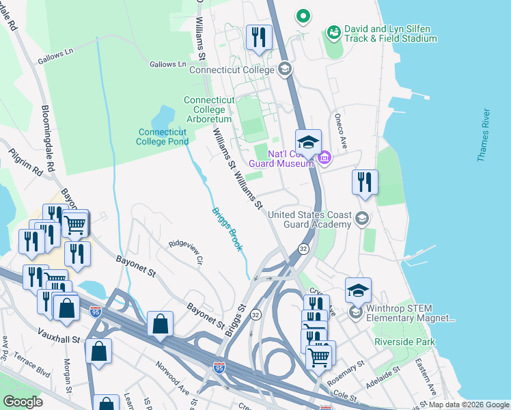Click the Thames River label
pyautogui.click(x=484, y=135)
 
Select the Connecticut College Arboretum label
pyautogui.click(x=209, y=110)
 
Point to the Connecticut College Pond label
pyautogui.click(x=163, y=137)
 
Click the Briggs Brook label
pyautogui.click(x=226, y=229)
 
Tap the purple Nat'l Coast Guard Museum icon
pyautogui.click(x=324, y=159)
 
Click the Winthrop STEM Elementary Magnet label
pyautogui.click(x=410, y=314)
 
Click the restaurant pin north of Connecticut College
pyautogui.click(x=258, y=37)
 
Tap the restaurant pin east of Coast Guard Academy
pyautogui.click(x=364, y=182)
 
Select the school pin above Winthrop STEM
pyautogui.click(x=358, y=290)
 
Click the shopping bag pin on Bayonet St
pyautogui.click(x=160, y=324)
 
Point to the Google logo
pyautogui.click(x=23, y=402)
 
